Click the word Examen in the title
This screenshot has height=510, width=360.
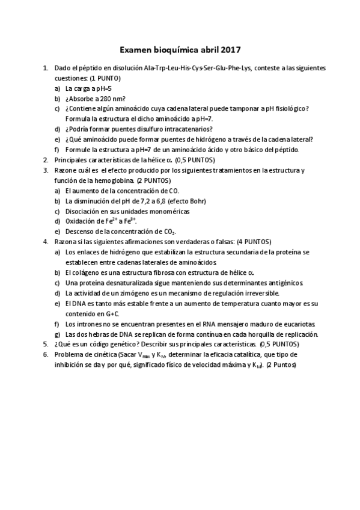[x=135, y=51]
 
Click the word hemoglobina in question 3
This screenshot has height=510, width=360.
[x=114, y=180]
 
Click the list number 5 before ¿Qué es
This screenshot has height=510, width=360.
[x=45, y=344]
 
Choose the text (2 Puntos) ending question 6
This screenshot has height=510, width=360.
[x=281, y=364]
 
